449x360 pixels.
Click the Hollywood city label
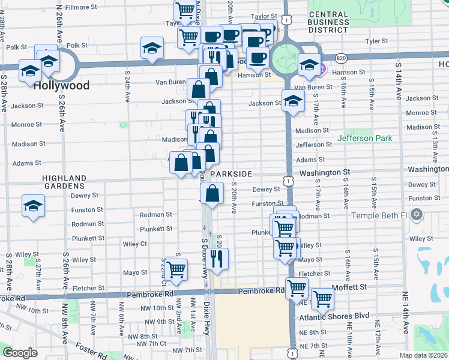61,85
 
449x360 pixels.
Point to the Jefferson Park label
364,138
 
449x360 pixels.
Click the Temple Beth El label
379,215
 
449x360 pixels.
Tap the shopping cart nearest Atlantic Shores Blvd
323,298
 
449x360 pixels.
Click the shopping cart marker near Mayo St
176,270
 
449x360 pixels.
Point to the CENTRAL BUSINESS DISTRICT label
328,21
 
